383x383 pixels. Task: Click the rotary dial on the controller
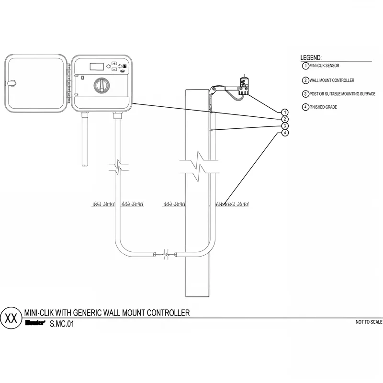click(x=101, y=85)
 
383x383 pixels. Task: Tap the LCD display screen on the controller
click(x=97, y=67)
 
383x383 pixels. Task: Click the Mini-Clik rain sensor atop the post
click(x=244, y=86)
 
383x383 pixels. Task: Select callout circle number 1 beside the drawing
click(x=285, y=113)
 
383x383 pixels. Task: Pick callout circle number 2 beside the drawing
click(x=285, y=119)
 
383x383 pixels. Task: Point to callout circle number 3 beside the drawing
click(x=285, y=126)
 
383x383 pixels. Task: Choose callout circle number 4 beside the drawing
click(x=285, y=133)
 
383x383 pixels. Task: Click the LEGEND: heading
click(x=311, y=57)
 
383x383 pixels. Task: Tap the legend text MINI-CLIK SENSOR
click(x=325, y=66)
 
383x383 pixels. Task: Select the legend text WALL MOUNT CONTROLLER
click(x=332, y=80)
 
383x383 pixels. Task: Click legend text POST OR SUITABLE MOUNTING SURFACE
click(x=342, y=94)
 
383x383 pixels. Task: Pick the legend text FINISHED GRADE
click(x=323, y=107)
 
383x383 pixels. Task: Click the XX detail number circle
click(x=11, y=318)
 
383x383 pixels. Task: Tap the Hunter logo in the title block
click(x=35, y=323)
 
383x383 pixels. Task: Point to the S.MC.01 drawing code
click(x=62, y=324)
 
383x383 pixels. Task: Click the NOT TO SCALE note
click(x=369, y=322)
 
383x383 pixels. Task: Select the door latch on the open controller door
click(x=11, y=83)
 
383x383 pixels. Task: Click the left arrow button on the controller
click(x=108, y=66)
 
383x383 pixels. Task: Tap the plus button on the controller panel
click(x=114, y=63)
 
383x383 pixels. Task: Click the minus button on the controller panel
click(x=114, y=69)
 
